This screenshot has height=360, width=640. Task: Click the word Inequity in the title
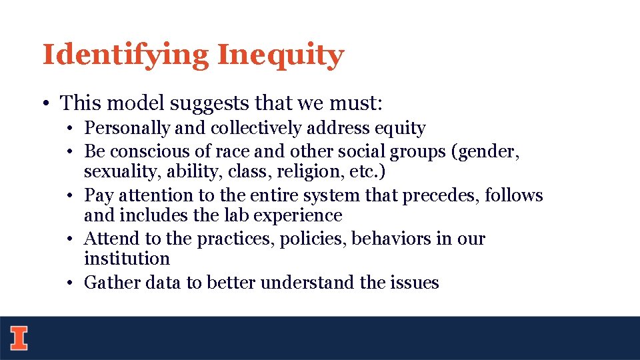coord(281,55)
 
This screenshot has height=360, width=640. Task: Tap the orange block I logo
coord(19,338)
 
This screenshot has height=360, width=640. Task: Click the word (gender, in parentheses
coord(485,152)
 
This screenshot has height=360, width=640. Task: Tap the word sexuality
coord(112,172)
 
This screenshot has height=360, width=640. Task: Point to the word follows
coord(514,195)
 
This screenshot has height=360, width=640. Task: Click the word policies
coord(312,239)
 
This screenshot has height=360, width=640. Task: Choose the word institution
coord(127,259)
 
